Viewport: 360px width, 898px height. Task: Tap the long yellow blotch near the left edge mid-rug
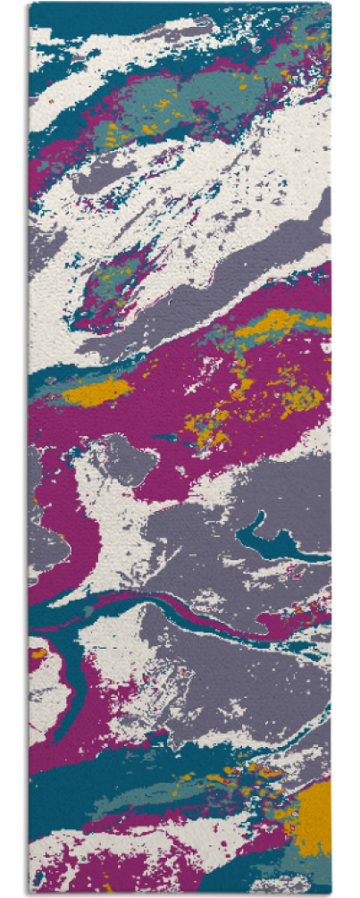(x=95, y=391)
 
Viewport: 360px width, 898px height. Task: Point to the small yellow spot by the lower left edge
(x=38, y=653)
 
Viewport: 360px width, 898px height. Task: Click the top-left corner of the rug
(x=29, y=4)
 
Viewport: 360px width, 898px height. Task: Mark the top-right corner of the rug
(x=330, y=4)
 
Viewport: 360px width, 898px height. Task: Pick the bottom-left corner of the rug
(x=29, y=894)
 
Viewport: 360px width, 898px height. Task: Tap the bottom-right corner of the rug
(x=330, y=894)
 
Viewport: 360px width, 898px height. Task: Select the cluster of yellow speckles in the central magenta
(x=214, y=420)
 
